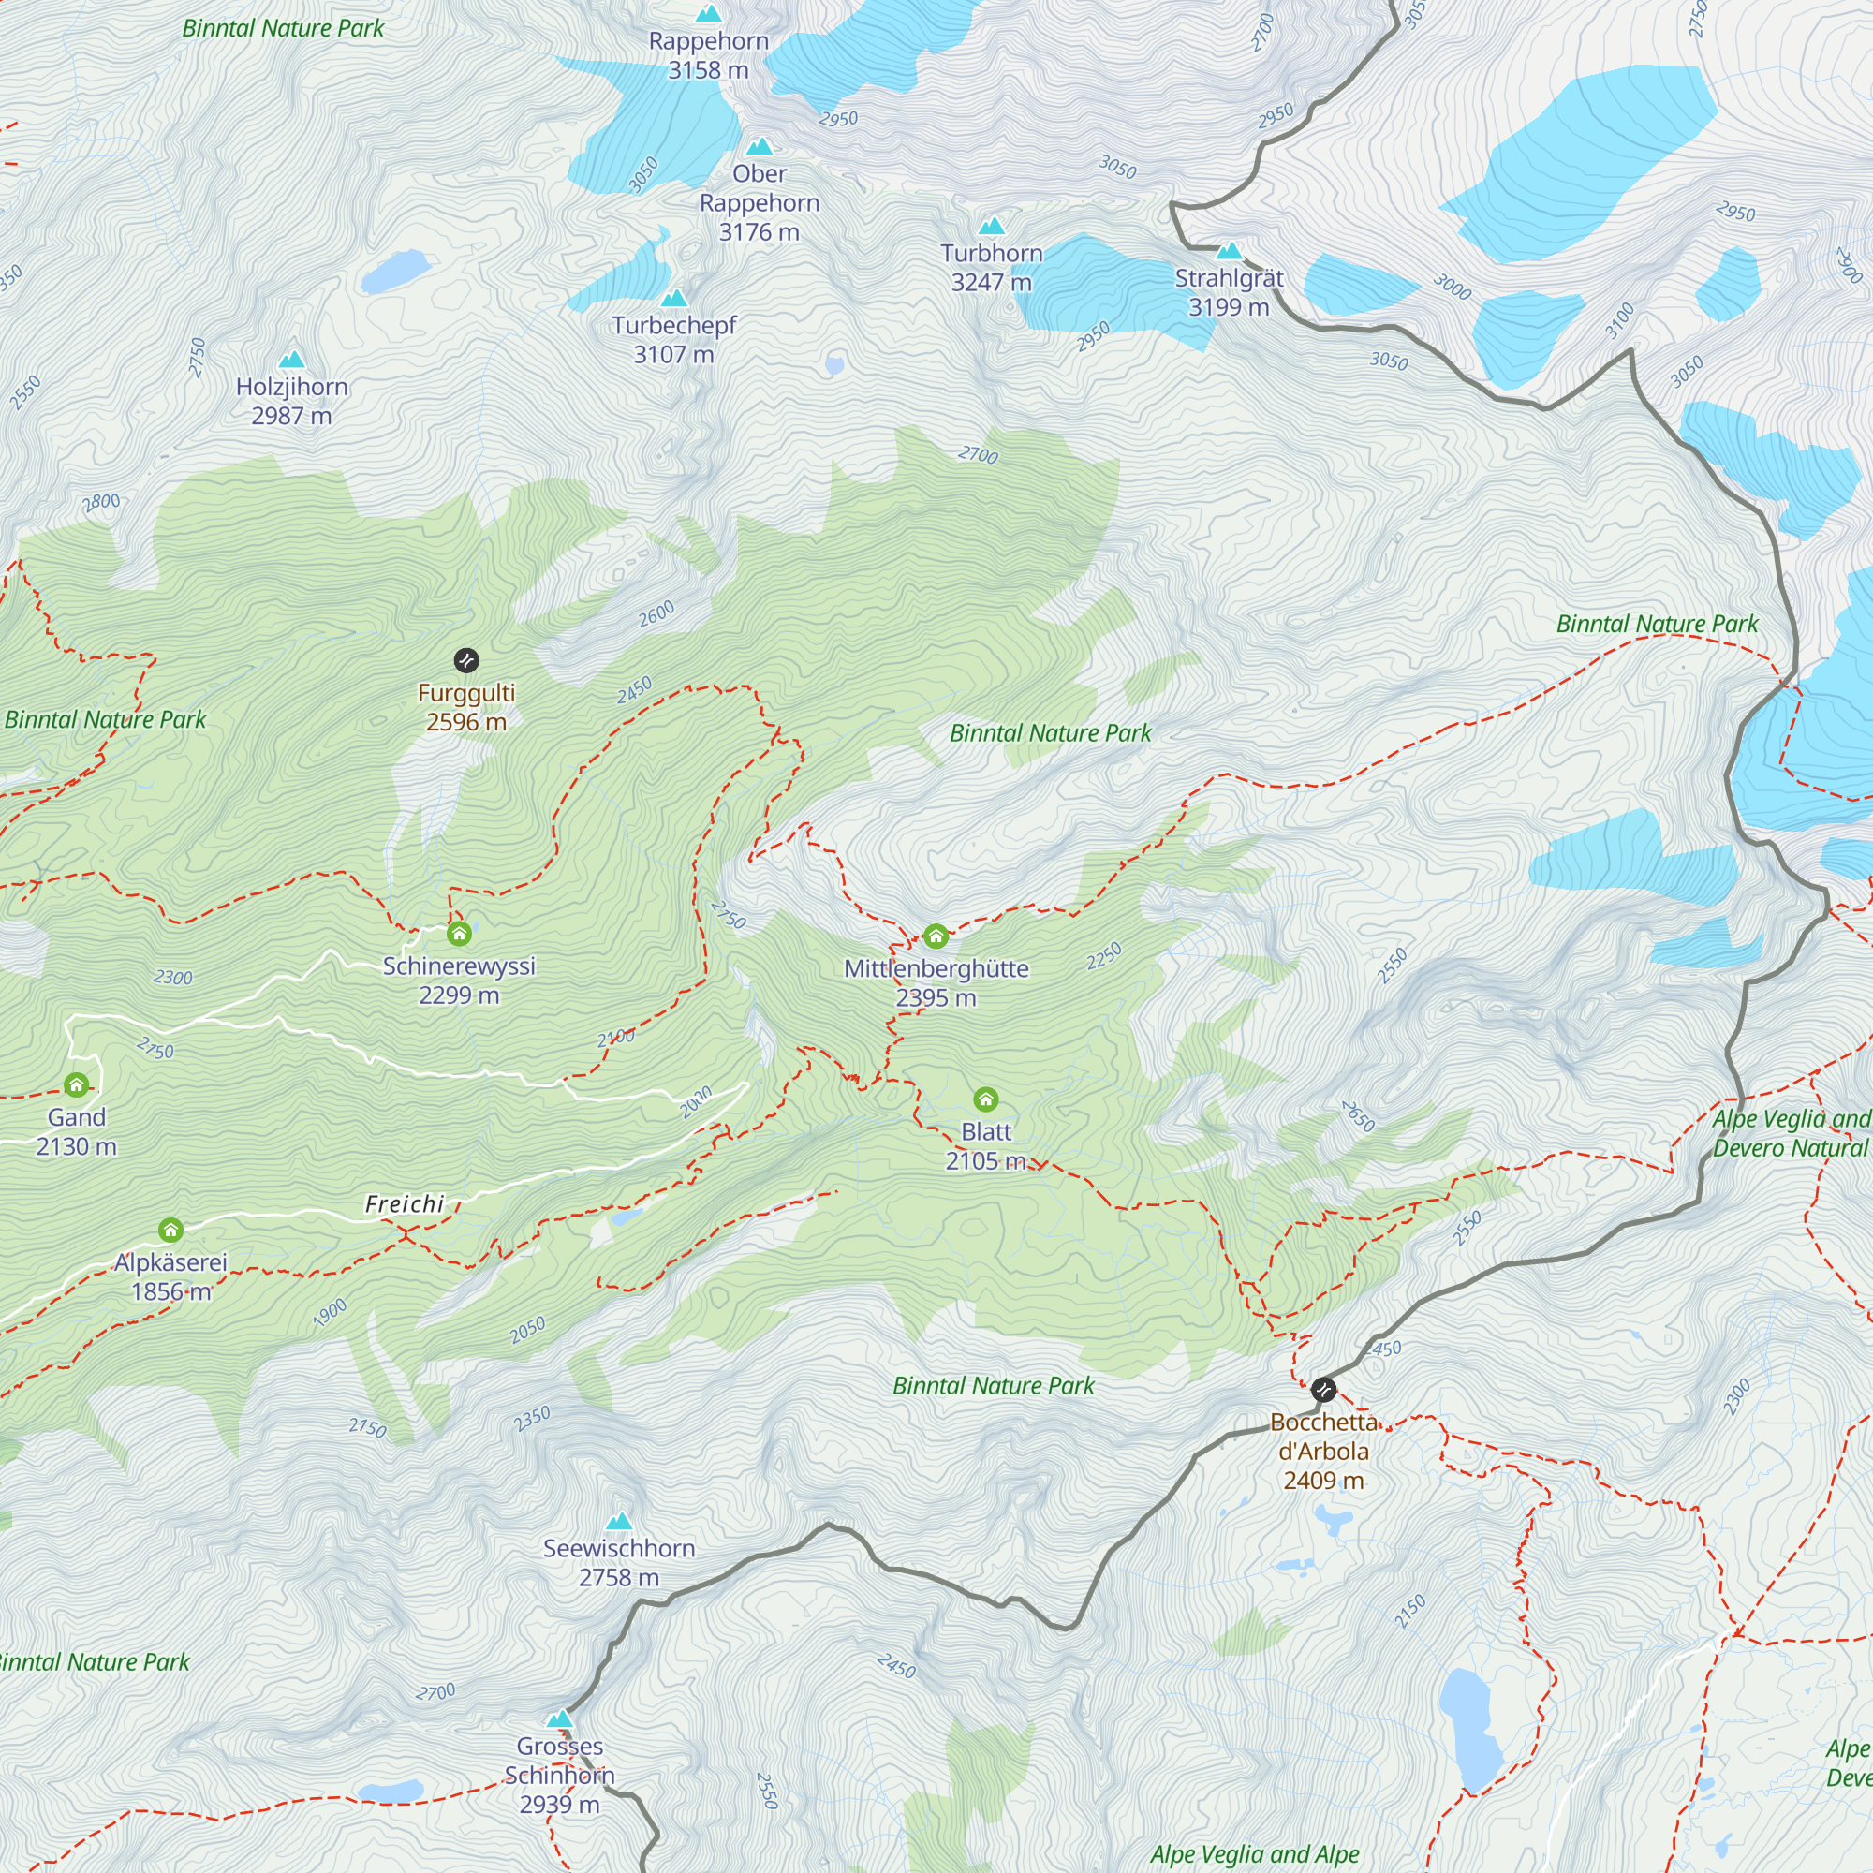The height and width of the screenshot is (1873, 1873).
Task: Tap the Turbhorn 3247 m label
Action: pyautogui.click(x=991, y=268)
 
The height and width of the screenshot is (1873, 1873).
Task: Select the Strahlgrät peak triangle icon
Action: pyautogui.click(x=1229, y=251)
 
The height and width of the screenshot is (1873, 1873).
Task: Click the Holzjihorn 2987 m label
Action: pyautogui.click(x=292, y=402)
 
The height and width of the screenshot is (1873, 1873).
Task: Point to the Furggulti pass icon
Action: pyautogui.click(x=466, y=661)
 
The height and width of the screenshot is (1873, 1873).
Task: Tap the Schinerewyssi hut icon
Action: pyautogui.click(x=459, y=934)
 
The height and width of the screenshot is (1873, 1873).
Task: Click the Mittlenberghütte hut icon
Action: pyautogui.click(x=936, y=936)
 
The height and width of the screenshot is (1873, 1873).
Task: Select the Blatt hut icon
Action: pyautogui.click(x=986, y=1099)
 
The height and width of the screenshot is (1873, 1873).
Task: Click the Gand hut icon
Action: pyautogui.click(x=77, y=1084)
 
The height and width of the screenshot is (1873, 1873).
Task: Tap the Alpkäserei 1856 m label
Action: pyautogui.click(x=170, y=1276)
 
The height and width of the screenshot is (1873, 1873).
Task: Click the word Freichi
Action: pyautogui.click(x=405, y=1204)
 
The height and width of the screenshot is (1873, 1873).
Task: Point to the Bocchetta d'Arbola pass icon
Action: pyautogui.click(x=1323, y=1390)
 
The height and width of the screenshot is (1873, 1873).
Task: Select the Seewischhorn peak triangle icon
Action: pyautogui.click(x=618, y=1521)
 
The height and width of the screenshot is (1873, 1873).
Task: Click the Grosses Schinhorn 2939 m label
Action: pyautogui.click(x=559, y=1775)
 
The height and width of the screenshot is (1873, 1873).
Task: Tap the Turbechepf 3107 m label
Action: pyautogui.click(x=673, y=339)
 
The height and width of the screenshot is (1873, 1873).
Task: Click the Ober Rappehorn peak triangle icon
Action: pyautogui.click(x=760, y=146)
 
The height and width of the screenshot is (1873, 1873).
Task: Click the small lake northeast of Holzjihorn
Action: pyautogui.click(x=394, y=272)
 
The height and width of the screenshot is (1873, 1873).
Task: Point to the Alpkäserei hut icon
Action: pyautogui.click(x=170, y=1231)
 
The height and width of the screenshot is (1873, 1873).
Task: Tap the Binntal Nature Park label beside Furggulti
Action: pyautogui.click(x=105, y=719)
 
